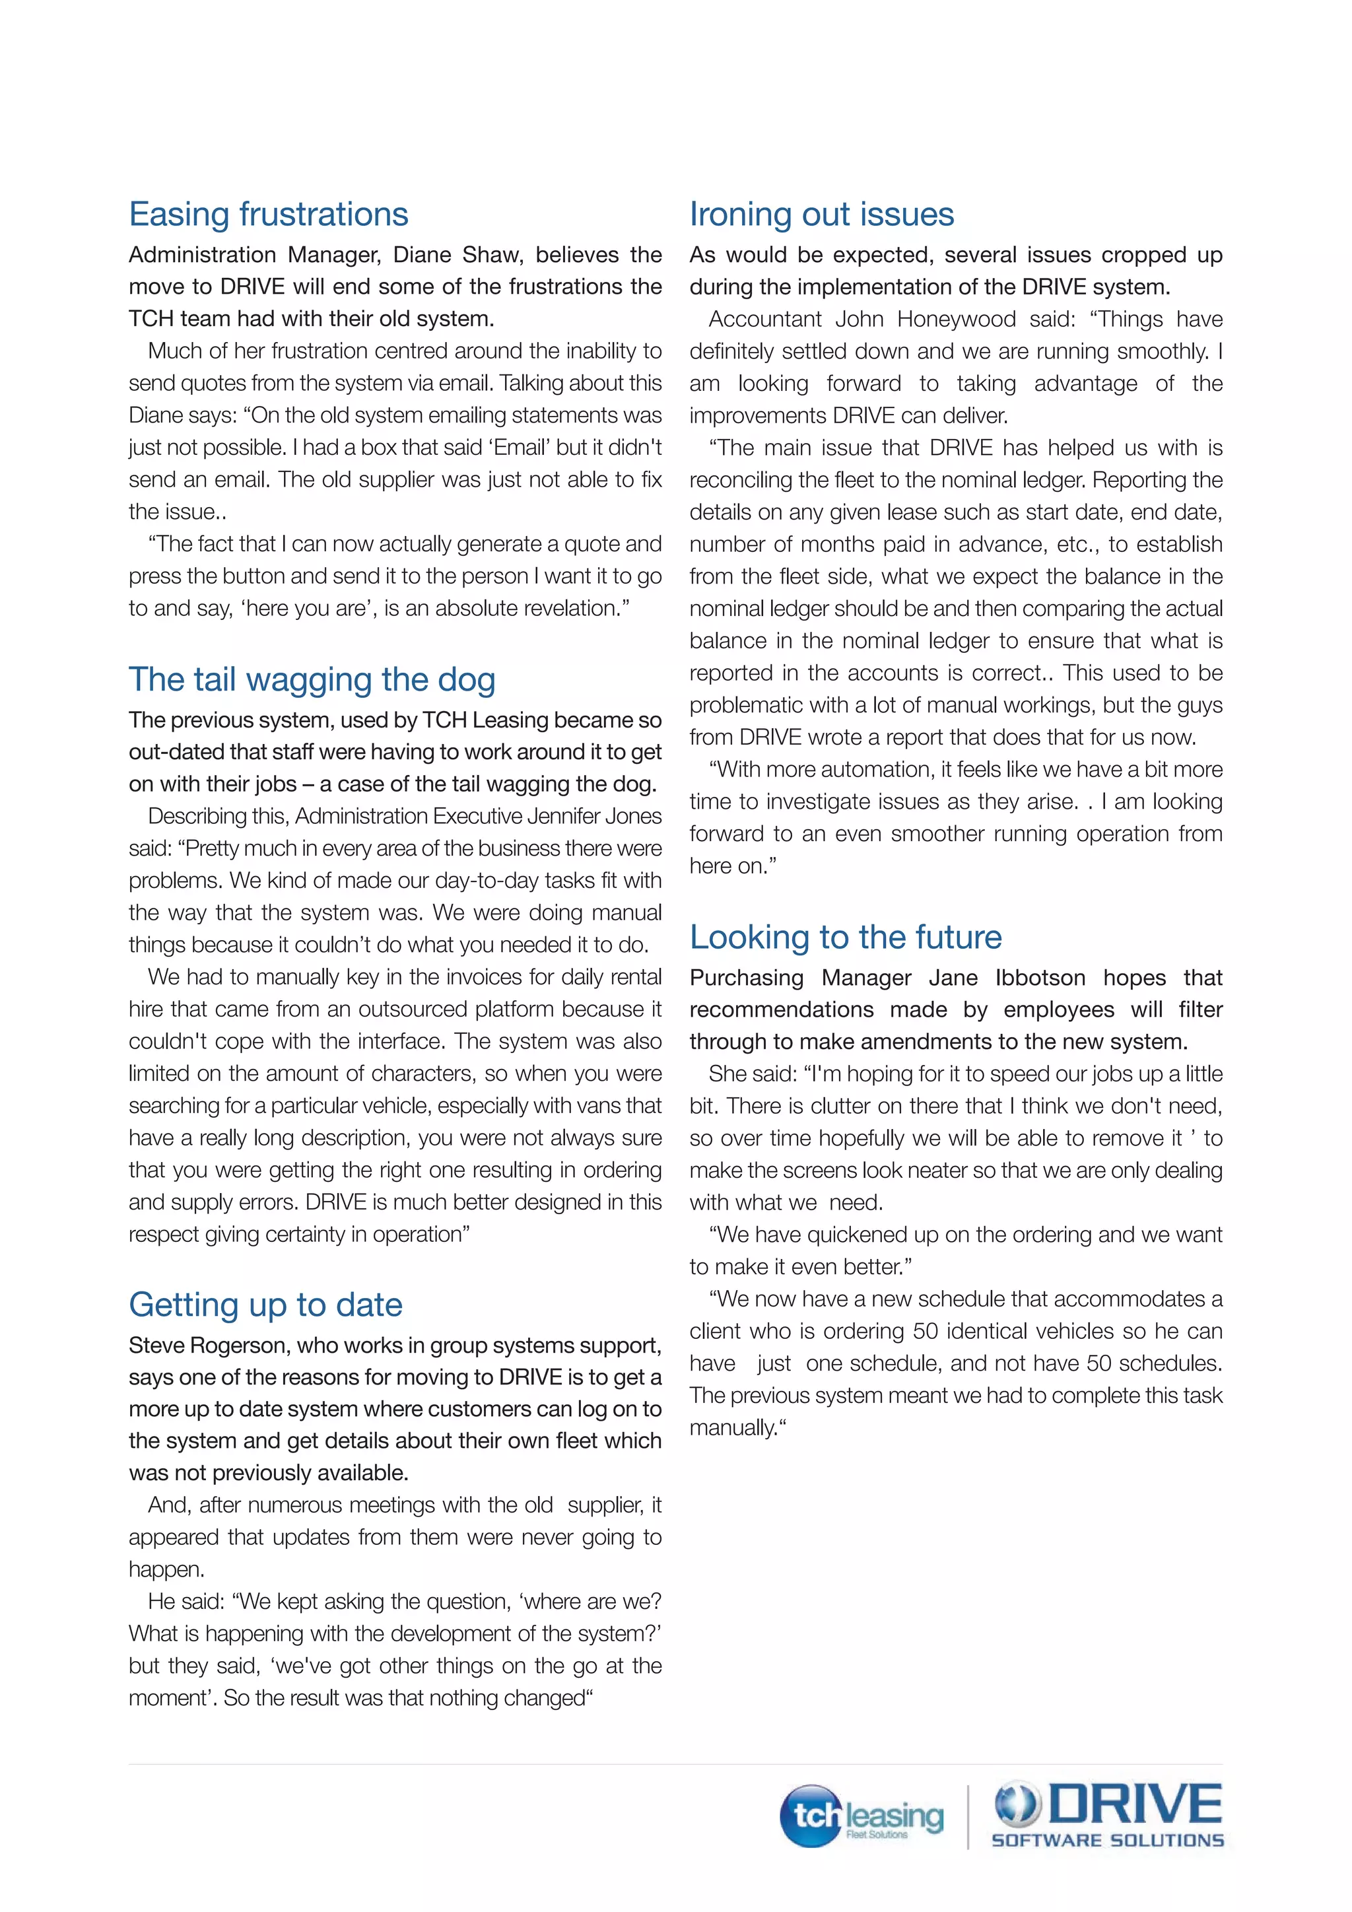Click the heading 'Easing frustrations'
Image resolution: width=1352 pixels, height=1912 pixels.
click(268, 215)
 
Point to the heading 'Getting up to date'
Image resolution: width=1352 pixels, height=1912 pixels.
click(265, 1305)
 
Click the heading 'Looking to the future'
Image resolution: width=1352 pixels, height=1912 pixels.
click(845, 938)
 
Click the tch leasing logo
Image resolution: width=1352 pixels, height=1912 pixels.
click(861, 1816)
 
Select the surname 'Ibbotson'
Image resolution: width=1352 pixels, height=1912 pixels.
click(1040, 978)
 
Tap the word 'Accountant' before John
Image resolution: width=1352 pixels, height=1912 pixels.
click(764, 320)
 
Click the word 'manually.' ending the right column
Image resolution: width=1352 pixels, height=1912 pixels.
click(737, 1428)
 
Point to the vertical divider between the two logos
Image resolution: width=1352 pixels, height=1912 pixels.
click(968, 1817)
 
